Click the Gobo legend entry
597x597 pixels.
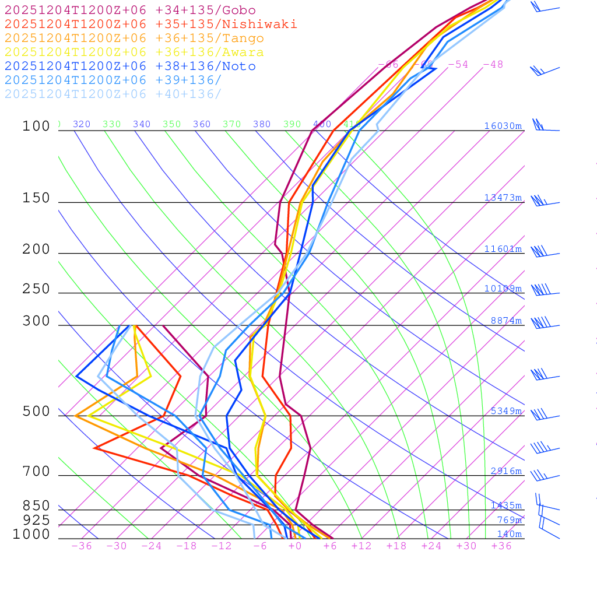[x=130, y=10]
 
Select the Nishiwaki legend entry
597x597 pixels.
[x=150, y=24]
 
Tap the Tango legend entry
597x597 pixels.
[x=134, y=38]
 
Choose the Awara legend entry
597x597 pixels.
[x=134, y=52]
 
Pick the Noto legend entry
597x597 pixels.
[x=130, y=66]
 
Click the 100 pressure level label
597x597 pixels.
[x=36, y=126]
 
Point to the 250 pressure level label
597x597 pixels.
[x=36, y=289]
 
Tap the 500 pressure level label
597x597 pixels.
[x=36, y=412]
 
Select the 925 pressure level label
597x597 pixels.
[x=36, y=520]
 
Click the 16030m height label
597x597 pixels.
[x=503, y=126]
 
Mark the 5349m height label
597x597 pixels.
[x=506, y=411]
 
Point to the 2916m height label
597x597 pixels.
[x=506, y=471]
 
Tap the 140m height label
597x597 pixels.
[x=510, y=534]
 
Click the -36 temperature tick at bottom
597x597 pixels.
[x=82, y=546]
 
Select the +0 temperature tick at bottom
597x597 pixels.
[x=294, y=546]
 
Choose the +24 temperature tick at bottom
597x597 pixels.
[x=431, y=546]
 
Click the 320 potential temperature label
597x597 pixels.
[x=82, y=124]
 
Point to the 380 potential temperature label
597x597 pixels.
[x=262, y=124]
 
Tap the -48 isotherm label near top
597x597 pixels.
[x=493, y=65]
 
